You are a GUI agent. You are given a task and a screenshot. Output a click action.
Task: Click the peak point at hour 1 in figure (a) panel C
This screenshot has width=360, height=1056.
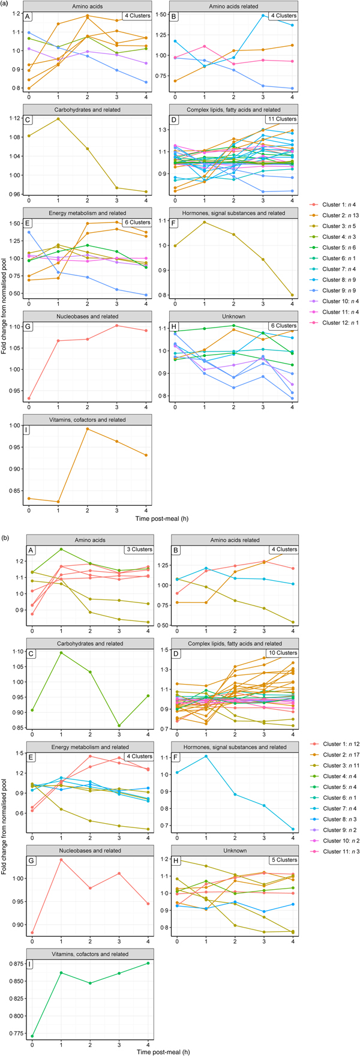58,119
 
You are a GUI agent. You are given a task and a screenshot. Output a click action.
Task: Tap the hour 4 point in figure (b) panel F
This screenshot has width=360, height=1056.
292,829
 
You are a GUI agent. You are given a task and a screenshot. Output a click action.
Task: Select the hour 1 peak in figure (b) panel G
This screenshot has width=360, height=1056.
61,860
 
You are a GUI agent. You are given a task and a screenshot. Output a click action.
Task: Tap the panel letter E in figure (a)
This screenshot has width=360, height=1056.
27,223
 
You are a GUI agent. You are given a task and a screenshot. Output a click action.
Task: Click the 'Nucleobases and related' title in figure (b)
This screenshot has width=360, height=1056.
88,851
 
